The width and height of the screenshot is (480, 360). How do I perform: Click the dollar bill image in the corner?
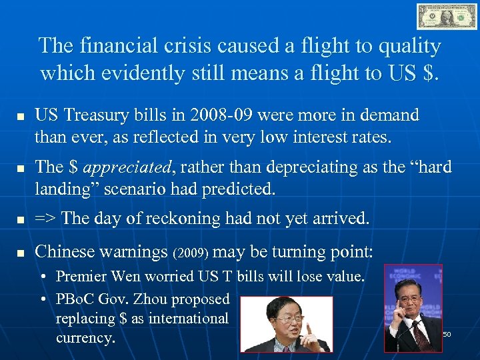click(x=447, y=16)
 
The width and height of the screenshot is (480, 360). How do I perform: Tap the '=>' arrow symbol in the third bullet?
click(x=45, y=218)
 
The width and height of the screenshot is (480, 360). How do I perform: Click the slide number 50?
click(x=447, y=333)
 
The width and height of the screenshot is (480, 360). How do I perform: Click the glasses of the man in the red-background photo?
click(x=284, y=321)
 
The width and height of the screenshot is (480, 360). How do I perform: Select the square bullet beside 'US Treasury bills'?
click(x=20, y=117)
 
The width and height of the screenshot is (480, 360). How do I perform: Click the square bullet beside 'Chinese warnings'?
click(x=20, y=253)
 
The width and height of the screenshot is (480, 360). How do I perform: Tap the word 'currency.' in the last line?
click(x=85, y=338)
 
